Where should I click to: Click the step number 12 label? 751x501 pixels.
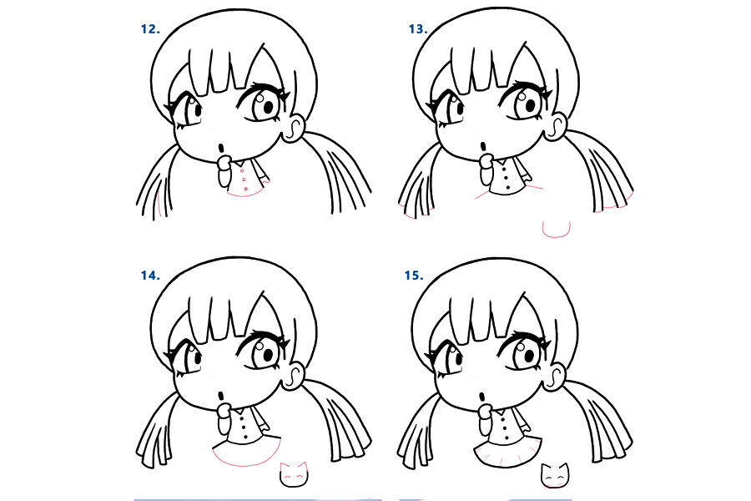coord(150,28)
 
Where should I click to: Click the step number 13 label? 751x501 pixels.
coord(417,28)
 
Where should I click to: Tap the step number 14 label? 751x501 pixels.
coord(150,275)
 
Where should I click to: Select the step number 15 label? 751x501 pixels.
coord(413,275)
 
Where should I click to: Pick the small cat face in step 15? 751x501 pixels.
coord(554,474)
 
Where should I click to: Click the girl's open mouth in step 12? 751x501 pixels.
coord(221,148)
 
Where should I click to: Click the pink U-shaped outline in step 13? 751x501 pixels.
coord(556,228)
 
